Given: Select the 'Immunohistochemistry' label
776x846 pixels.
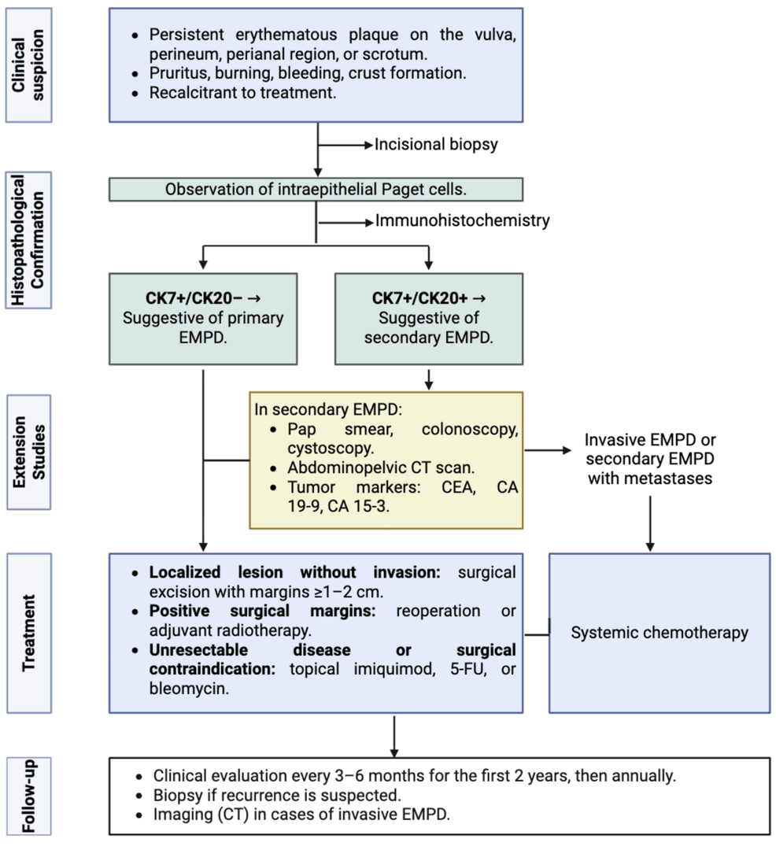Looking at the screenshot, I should (x=462, y=221).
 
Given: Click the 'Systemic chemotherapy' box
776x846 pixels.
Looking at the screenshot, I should (x=660, y=633).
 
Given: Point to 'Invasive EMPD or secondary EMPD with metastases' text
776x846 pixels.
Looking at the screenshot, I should (x=650, y=458).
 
